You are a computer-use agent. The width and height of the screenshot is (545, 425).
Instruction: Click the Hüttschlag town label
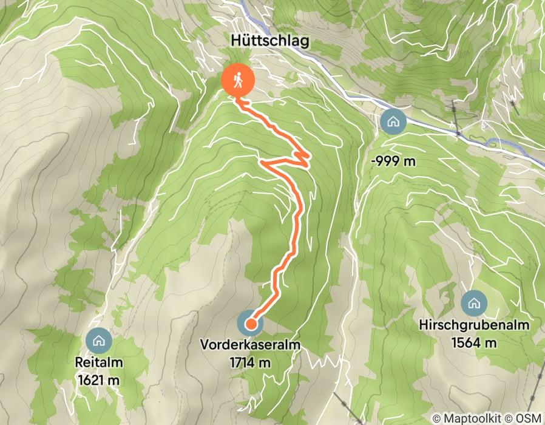pos(270,41)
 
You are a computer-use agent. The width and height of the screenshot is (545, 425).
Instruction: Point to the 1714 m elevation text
pos(250,362)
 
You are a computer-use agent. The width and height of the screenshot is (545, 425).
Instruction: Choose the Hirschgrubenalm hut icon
pos(473,302)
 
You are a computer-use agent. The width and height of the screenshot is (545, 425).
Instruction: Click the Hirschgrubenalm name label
pos(474,325)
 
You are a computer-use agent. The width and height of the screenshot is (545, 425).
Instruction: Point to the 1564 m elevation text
pos(474,342)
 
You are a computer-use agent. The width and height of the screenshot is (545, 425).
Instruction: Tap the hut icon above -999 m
pos(393,121)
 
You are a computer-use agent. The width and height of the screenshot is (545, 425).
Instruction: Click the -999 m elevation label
pos(393,161)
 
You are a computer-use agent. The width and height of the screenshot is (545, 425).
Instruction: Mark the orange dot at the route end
pos(250,324)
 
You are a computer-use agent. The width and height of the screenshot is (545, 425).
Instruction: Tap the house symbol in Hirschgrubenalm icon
pos(473,302)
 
